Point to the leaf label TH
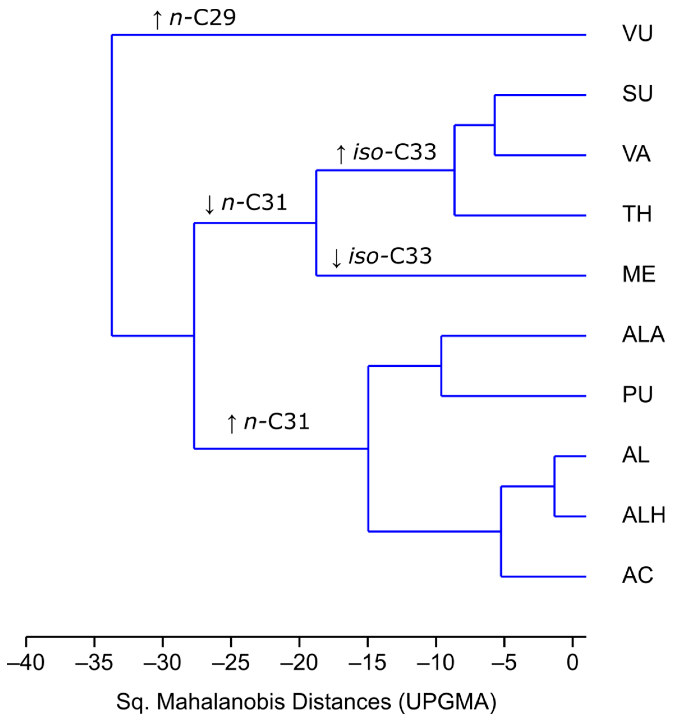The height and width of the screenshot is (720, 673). pyautogui.click(x=637, y=214)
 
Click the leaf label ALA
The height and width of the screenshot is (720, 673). pyautogui.click(x=643, y=335)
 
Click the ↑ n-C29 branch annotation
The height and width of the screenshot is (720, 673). pyautogui.click(x=194, y=18)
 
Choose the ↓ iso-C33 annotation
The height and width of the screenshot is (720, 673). pyautogui.click(x=382, y=256)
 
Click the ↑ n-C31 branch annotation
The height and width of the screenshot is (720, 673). pyautogui.click(x=268, y=422)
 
